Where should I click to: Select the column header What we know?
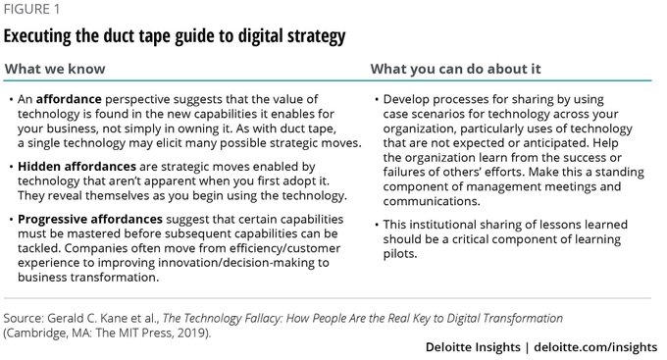[x=57, y=71]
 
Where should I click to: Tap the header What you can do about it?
[x=454, y=71]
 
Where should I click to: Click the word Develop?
[x=412, y=100]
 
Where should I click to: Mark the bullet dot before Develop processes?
[x=379, y=100]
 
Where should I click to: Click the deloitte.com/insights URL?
[x=600, y=348]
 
